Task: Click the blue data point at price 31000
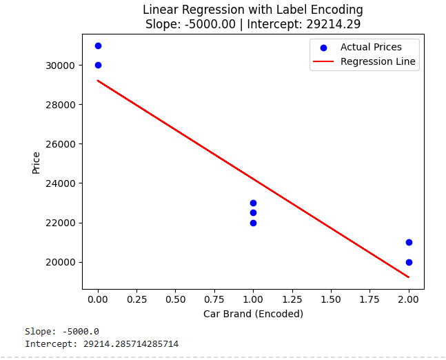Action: tap(98, 46)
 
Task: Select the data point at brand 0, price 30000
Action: tap(98, 66)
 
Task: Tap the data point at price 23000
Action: tap(253, 203)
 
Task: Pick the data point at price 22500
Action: tap(253, 213)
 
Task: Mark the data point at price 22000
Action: tap(253, 223)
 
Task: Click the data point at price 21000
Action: tap(409, 242)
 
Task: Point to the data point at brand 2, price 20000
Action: tap(409, 262)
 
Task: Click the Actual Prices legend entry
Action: tap(371, 48)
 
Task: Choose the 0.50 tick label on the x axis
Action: tap(176, 301)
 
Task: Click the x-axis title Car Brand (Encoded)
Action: tap(253, 314)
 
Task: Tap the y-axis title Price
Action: tap(36, 163)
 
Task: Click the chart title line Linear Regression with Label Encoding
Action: tap(253, 10)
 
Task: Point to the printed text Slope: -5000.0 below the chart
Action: tap(62, 332)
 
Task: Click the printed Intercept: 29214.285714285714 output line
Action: tap(102, 343)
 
